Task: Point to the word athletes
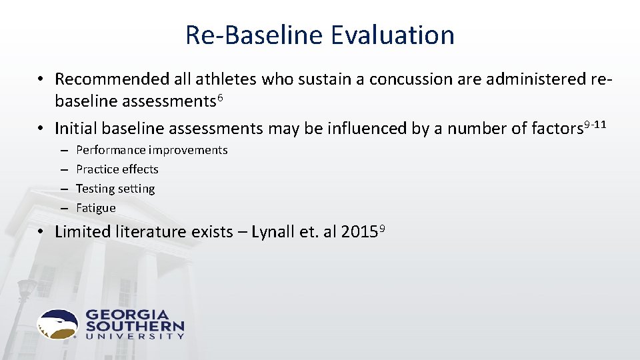point(226,79)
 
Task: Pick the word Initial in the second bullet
point(75,127)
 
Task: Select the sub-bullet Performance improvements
point(151,150)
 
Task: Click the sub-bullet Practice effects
point(117,169)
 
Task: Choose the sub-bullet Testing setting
point(115,189)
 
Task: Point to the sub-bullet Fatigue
point(95,208)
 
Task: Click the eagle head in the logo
point(58,324)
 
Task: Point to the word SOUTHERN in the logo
point(134,327)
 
